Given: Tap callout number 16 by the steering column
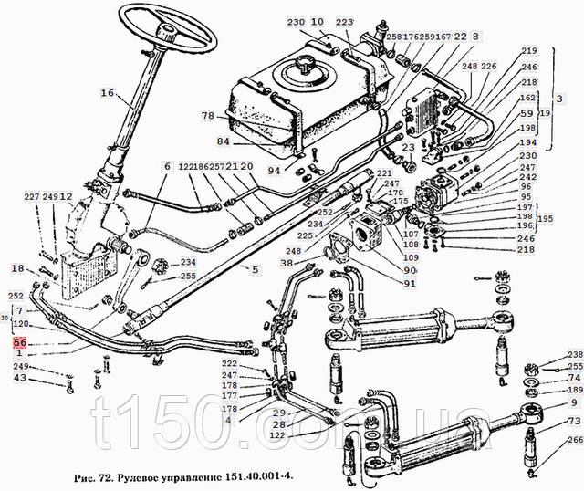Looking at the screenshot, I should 107,92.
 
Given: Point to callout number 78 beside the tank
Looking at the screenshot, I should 208,116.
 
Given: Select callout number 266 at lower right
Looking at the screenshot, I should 574,440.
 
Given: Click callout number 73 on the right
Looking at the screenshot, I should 574,421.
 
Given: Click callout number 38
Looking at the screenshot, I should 287,263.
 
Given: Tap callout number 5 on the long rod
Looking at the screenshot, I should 255,269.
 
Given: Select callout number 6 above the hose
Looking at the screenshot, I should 167,166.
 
